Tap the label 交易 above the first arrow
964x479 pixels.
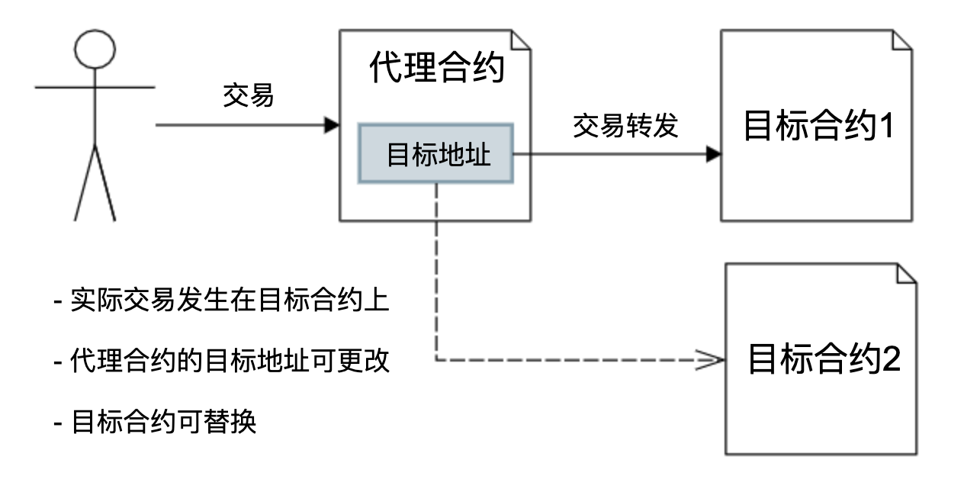(x=248, y=97)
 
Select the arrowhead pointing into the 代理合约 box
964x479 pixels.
(x=332, y=124)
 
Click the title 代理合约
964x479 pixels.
(x=436, y=68)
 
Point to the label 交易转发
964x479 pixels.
(x=625, y=126)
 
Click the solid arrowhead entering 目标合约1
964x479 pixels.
(x=713, y=154)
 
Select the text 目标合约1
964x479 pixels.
(x=818, y=127)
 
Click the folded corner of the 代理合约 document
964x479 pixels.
(x=521, y=40)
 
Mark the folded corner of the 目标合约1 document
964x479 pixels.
(x=902, y=40)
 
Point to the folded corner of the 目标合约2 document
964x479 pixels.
(x=907, y=274)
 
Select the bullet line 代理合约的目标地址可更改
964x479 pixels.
(x=221, y=361)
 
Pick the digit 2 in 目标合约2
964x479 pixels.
(x=891, y=358)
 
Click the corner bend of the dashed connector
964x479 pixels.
(x=435, y=359)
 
